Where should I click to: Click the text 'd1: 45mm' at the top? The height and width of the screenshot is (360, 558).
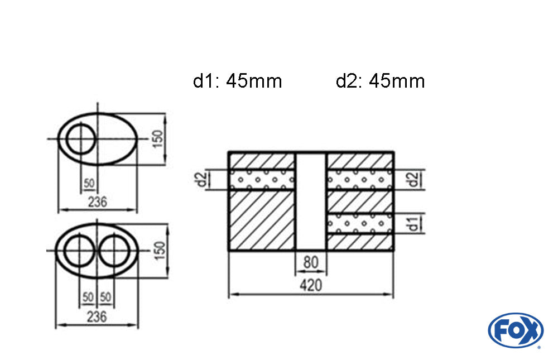click(x=237, y=81)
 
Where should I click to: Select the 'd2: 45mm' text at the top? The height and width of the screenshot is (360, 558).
click(x=380, y=81)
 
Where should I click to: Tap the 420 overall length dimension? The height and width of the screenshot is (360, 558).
click(x=311, y=285)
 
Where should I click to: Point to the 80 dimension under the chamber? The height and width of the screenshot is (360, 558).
click(x=311, y=262)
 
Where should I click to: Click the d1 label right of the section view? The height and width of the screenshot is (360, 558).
click(x=412, y=224)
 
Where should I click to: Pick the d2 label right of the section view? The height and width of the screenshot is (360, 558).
click(x=412, y=180)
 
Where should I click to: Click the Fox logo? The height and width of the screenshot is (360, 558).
click(x=515, y=330)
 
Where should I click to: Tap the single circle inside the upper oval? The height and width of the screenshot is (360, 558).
click(x=80, y=139)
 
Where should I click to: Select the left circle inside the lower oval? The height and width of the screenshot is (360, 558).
click(x=79, y=249)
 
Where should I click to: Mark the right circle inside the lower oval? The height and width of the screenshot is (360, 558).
click(x=114, y=249)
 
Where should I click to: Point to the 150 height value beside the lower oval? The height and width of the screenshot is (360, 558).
click(x=158, y=249)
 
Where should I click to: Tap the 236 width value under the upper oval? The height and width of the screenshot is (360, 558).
click(x=98, y=201)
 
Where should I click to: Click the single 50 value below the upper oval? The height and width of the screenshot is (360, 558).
click(x=89, y=183)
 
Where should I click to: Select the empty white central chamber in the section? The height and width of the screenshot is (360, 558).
click(x=311, y=201)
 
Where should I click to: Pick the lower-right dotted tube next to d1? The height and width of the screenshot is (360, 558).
click(x=360, y=224)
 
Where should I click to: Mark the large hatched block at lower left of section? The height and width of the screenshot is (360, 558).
click(x=261, y=220)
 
